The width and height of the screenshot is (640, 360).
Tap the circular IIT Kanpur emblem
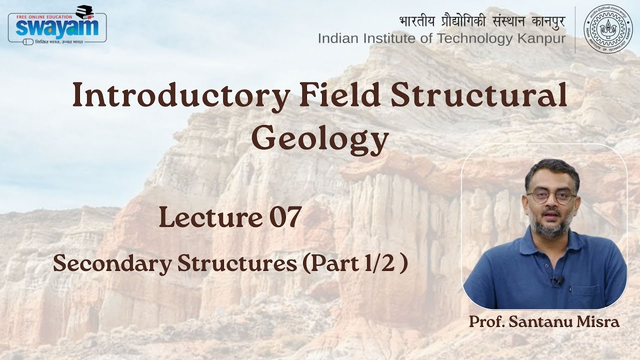608,29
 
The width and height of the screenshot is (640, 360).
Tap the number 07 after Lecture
284,217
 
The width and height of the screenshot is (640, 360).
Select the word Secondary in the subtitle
111,264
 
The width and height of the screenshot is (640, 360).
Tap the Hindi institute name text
482,21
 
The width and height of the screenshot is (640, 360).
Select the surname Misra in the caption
603,322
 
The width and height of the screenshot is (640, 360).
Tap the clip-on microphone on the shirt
556,281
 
